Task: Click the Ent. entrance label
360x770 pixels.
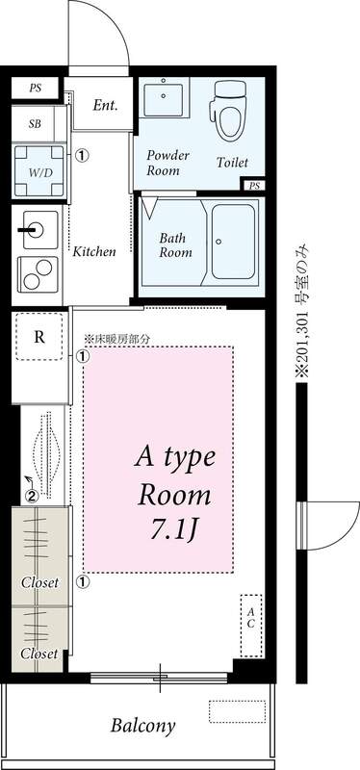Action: [105, 105]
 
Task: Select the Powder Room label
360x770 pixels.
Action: [167, 163]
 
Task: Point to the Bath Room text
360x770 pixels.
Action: [176, 244]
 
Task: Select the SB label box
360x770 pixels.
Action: [36, 124]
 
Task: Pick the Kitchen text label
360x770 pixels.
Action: [94, 251]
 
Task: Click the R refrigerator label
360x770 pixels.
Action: [39, 337]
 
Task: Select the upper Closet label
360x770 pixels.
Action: [40, 583]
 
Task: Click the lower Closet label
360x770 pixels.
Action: [40, 654]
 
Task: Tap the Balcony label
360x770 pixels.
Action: [141, 726]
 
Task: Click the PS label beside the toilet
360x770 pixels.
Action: [254, 186]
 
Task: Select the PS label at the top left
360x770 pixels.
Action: [36, 88]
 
